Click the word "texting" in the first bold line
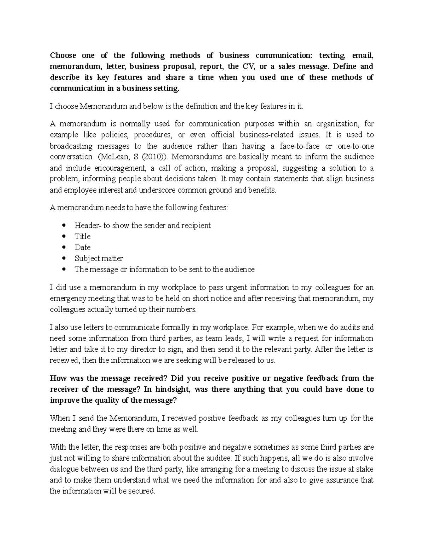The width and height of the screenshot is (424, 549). (332, 56)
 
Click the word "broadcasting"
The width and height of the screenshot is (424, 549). (71, 146)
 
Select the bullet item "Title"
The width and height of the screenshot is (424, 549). (82, 236)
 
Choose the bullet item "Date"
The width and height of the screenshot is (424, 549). (82, 247)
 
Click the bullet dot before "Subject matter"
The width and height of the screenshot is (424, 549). (64, 259)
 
